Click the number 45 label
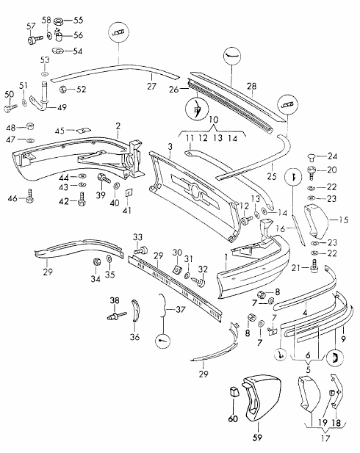(x=60, y=130)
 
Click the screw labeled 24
(x=311, y=156)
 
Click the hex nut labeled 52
(x=64, y=90)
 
